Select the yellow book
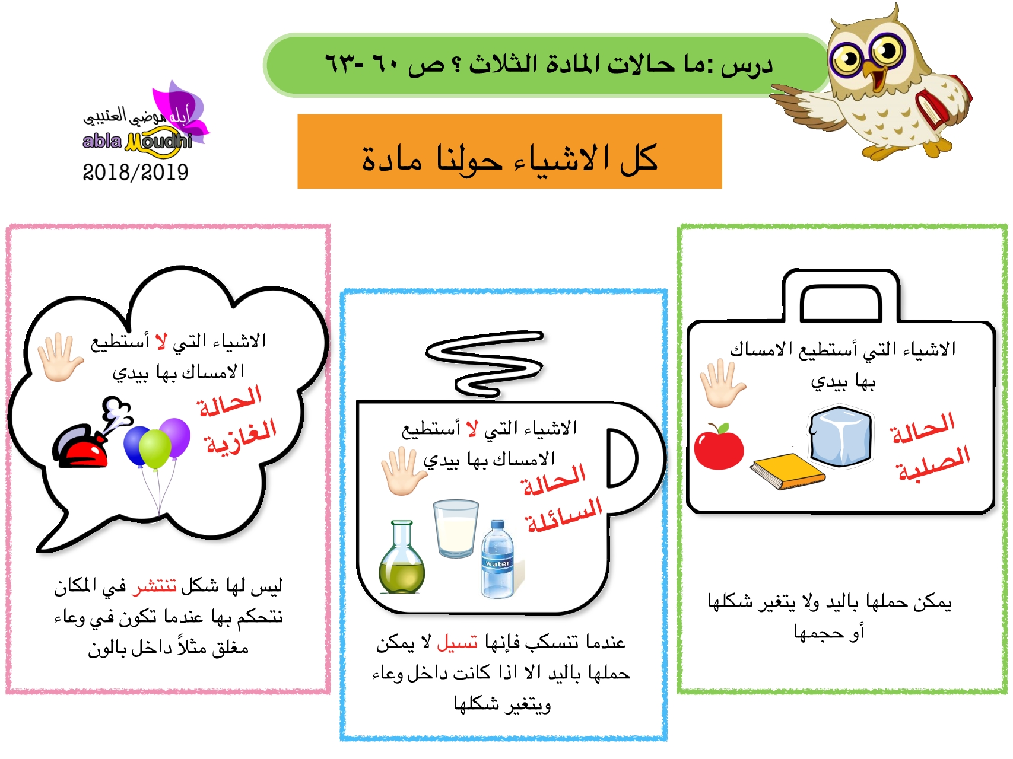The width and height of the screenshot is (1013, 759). coord(787,471)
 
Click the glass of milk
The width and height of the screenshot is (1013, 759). coord(455,528)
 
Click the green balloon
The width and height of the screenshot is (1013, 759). coord(155,449)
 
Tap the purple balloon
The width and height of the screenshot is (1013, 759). coord(175,438)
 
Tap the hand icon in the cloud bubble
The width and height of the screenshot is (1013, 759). coord(59,357)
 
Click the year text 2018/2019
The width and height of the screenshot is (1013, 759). coord(135,173)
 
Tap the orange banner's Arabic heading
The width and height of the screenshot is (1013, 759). coord(510,158)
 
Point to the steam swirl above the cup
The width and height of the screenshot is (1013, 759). coord(484,363)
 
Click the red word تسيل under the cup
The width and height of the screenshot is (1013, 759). coord(457,642)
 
